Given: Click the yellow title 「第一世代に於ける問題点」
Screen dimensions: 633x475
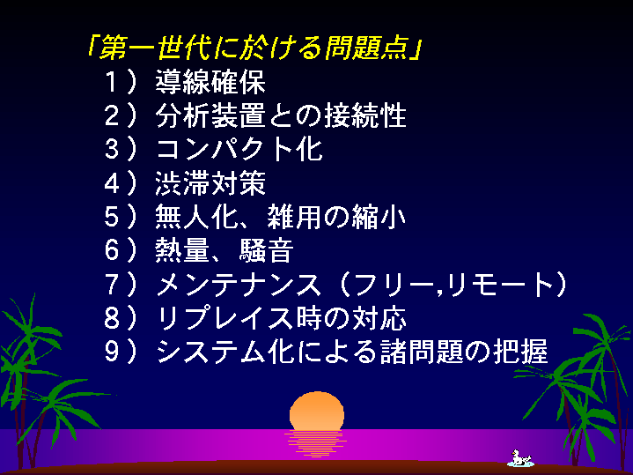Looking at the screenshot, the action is (x=255, y=48).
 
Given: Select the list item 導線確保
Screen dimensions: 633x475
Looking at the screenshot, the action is (x=210, y=82).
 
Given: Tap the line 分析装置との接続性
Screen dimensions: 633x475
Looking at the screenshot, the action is (x=281, y=115).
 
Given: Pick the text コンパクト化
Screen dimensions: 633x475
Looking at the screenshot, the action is (x=239, y=149).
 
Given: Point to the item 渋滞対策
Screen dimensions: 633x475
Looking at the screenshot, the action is (x=210, y=182).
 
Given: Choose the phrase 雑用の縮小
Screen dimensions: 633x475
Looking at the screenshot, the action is (x=336, y=217).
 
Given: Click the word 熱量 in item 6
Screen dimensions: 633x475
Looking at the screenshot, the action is (x=182, y=250).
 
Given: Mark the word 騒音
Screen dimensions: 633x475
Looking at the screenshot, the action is (x=266, y=250).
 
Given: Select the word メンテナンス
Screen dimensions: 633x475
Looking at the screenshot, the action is (x=239, y=284).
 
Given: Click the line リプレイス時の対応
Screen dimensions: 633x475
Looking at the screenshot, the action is (x=281, y=318).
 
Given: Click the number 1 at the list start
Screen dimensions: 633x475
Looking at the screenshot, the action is (x=111, y=82).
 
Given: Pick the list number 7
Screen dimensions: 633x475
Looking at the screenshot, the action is (x=112, y=284).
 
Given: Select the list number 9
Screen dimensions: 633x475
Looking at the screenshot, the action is (x=112, y=352).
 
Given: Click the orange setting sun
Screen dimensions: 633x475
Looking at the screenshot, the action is (x=317, y=410).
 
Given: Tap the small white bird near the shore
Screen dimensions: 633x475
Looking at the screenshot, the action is (x=520, y=458).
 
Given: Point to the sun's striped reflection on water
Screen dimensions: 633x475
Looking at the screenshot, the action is (x=316, y=443).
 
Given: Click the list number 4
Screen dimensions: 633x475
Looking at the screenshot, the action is (x=112, y=182).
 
